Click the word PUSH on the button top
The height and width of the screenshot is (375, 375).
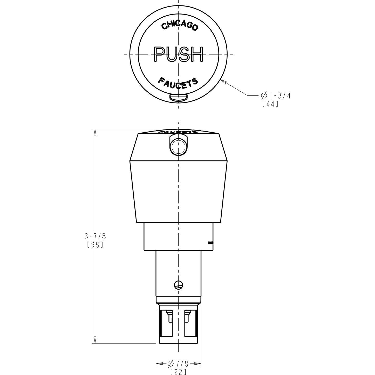point(178,54)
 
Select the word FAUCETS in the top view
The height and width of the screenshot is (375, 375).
point(178,83)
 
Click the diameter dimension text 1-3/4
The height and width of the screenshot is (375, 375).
point(276,96)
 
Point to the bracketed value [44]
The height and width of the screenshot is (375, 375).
point(270,104)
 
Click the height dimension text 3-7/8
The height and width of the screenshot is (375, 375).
point(95,236)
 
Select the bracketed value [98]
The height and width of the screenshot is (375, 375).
point(95,244)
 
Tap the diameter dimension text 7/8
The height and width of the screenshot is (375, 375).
point(179,363)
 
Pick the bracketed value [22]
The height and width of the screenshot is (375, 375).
point(178,372)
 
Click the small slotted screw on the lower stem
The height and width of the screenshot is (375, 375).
point(178,285)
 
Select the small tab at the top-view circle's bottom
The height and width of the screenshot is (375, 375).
point(178,97)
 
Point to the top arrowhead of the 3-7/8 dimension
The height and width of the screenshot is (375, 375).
point(95,132)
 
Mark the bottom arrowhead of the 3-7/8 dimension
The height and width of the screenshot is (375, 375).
point(95,340)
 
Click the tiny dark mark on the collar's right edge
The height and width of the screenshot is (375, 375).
point(210,242)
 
